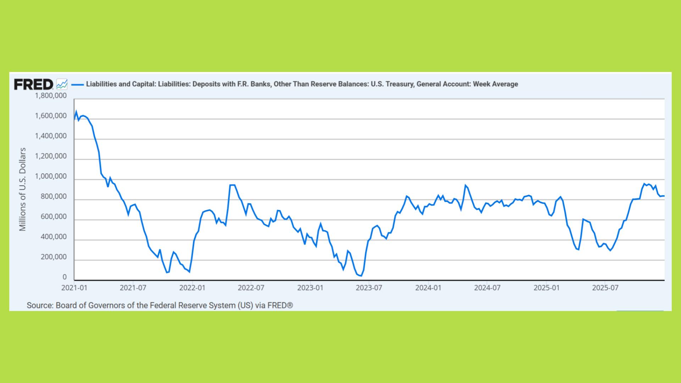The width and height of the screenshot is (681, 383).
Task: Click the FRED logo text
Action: coord(33,84)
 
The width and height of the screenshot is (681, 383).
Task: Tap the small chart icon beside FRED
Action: coord(62,84)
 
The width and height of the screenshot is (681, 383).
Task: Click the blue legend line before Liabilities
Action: coord(78,84)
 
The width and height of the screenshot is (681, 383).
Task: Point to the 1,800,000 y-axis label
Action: coord(50,96)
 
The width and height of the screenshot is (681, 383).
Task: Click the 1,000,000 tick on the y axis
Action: coord(50,177)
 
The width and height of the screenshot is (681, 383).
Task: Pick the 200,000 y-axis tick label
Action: coord(53,257)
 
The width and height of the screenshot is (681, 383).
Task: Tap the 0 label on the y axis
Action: coord(64,277)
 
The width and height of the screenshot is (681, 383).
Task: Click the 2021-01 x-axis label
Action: coord(74,288)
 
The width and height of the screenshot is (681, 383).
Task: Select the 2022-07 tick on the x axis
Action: coord(251,288)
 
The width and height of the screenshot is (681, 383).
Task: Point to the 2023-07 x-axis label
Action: coord(369,288)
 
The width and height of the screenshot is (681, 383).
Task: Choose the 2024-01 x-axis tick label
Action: coord(428,288)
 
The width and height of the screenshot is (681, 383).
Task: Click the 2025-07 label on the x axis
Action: coord(605,288)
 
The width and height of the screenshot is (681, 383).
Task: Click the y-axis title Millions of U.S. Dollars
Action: coord(23,189)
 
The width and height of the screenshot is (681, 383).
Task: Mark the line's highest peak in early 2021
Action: coord(76,111)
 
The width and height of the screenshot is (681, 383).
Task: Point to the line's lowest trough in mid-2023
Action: coord(361,276)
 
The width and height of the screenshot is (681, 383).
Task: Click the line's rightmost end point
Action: coord(664,196)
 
